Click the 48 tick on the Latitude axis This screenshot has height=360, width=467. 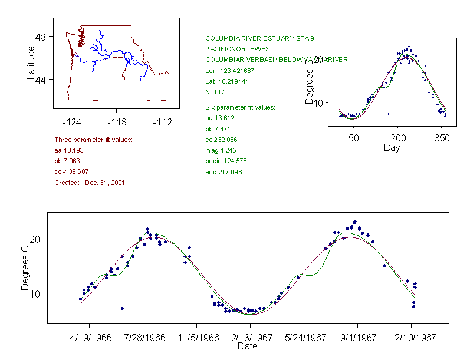click(41, 37)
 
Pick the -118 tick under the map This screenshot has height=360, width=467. click(116, 122)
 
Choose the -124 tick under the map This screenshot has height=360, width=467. click(71, 122)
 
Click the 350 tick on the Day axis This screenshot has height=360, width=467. click(442, 138)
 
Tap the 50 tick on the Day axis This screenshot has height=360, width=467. click(354, 138)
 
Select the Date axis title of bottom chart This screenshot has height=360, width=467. click(247, 346)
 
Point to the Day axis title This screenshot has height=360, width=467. click(392, 147)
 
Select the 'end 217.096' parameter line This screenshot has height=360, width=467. click(223, 172)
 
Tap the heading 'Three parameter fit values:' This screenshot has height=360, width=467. click(93, 140)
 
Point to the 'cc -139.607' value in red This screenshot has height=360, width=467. click(71, 172)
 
